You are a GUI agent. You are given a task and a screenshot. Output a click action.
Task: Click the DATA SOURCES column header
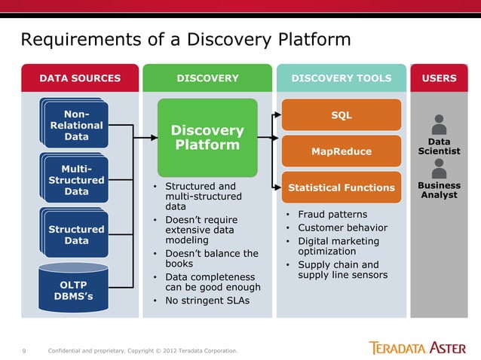pyautogui.click(x=79, y=78)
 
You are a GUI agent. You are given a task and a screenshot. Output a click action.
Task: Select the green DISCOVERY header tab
pyautogui.click(x=207, y=78)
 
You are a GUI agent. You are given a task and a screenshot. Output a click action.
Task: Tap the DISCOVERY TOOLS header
pyautogui.click(x=342, y=78)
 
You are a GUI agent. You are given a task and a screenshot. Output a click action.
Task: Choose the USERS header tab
pyautogui.click(x=439, y=78)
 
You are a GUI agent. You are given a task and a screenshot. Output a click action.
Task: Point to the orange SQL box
pyautogui.click(x=342, y=115)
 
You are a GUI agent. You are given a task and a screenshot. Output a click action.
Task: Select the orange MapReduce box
pyautogui.click(x=342, y=151)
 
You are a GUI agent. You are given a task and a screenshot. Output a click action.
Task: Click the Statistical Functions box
pyautogui.click(x=342, y=188)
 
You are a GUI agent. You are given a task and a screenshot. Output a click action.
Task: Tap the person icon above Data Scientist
pyautogui.click(x=439, y=124)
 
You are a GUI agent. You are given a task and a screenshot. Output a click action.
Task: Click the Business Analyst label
pyautogui.click(x=439, y=190)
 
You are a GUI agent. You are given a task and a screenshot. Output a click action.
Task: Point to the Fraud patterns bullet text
pyautogui.click(x=332, y=215)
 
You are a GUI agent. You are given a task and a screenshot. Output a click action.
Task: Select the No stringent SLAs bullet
pyautogui.click(x=208, y=301)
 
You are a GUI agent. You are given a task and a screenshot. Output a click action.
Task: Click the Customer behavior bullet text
pyautogui.click(x=342, y=227)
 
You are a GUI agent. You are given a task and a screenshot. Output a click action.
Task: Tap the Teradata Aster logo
pyautogui.click(x=417, y=347)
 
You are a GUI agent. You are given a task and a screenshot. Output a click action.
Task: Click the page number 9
pyautogui.click(x=24, y=350)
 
